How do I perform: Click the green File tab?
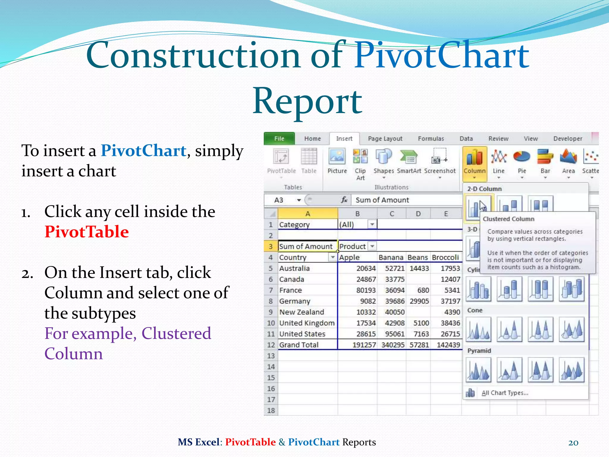pyautogui.click(x=279, y=139)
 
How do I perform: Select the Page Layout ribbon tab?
pyautogui.click(x=385, y=139)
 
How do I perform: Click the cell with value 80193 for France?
pyautogui.click(x=366, y=290)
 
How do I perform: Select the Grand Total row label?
pyautogui.click(x=299, y=345)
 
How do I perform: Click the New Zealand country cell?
pyautogui.click(x=301, y=312)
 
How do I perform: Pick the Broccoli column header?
pyautogui.click(x=445, y=257)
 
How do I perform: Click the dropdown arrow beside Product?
pyautogui.click(x=372, y=246)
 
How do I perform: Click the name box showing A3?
pyautogui.click(x=280, y=200)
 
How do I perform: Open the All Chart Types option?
pyautogui.click(x=505, y=393)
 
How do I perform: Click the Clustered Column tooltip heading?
pyautogui.click(x=508, y=219)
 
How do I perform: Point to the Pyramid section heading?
pyautogui.click(x=479, y=351)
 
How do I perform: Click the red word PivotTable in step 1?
pyautogui.click(x=87, y=232)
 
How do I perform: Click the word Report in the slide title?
pyautogui.click(x=307, y=101)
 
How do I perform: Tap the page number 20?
pyautogui.click(x=573, y=443)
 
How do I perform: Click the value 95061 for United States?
pyautogui.click(x=395, y=334)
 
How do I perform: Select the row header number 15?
pyautogui.click(x=271, y=378)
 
